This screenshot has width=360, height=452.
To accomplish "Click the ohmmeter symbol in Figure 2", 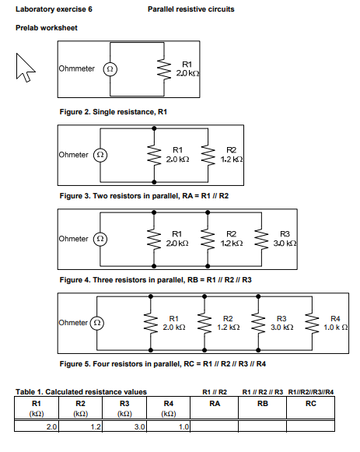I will [110, 68].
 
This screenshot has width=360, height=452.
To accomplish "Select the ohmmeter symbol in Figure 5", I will [98, 322].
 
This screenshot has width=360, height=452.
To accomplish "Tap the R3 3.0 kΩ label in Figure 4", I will [285, 239].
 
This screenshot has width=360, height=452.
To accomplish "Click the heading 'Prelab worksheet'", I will [46, 28].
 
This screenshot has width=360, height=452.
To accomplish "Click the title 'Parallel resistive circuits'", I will [190, 9].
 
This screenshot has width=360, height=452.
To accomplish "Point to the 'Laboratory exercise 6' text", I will [48, 9].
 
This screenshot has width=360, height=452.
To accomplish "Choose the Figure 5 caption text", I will [163, 363].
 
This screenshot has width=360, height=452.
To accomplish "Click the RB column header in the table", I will [263, 405].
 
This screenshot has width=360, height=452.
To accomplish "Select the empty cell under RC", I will [310, 426].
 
